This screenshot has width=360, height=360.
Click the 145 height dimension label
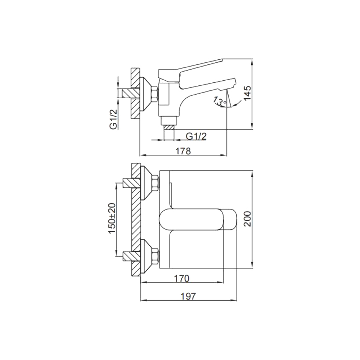coord(247,93)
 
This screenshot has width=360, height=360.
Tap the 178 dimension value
coord(183,151)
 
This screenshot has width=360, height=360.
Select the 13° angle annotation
coord(220,101)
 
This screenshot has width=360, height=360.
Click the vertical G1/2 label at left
coord(114,119)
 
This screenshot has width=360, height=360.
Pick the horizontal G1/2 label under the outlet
coord(196,136)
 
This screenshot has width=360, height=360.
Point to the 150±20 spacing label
coord(112,218)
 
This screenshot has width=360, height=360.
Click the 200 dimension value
coord(248,219)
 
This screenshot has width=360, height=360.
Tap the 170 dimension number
coord(181,279)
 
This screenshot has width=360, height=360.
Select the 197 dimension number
coord(188,296)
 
